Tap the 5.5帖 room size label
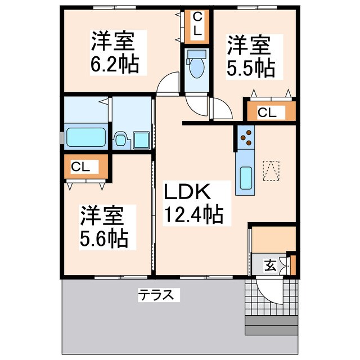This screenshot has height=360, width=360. coord(251,67)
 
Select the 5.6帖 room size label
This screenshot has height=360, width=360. coord(103,238)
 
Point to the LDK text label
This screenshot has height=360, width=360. coord(187,193)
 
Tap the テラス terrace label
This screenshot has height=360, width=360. coord(158,294)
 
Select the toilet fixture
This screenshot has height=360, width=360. coord(196,66)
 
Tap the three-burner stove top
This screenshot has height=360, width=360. coord(245,138)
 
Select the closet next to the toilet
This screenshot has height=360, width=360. coord(196,25)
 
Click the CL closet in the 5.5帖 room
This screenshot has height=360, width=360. coord(268,112)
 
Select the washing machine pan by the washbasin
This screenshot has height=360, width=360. coord(141,139)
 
